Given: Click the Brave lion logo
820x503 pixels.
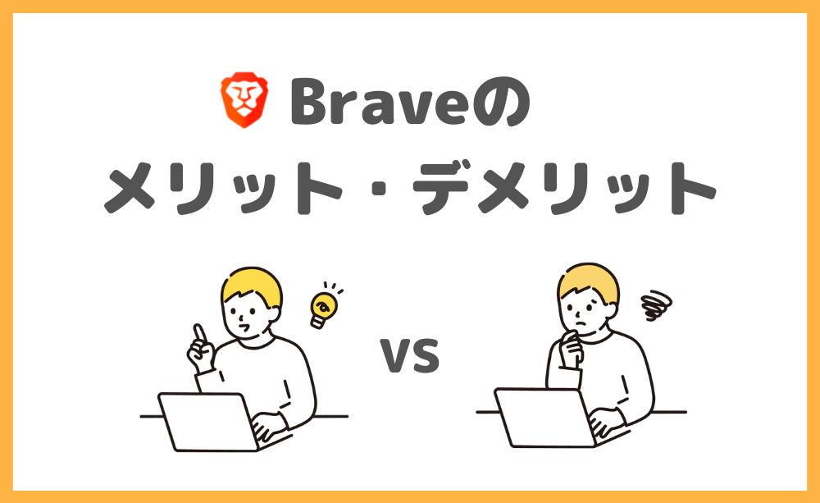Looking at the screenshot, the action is pos(244,100).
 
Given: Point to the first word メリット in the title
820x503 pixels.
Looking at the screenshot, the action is pos(223,187).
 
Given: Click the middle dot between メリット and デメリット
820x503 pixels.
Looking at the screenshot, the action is pos(379,188).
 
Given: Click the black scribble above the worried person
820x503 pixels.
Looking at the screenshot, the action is pos(656,304).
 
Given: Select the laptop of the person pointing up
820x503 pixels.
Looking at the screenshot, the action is pos(208,422).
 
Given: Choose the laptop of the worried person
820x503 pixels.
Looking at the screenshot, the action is pos(545,418).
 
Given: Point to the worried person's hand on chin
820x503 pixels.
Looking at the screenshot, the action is pos(571,348).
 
